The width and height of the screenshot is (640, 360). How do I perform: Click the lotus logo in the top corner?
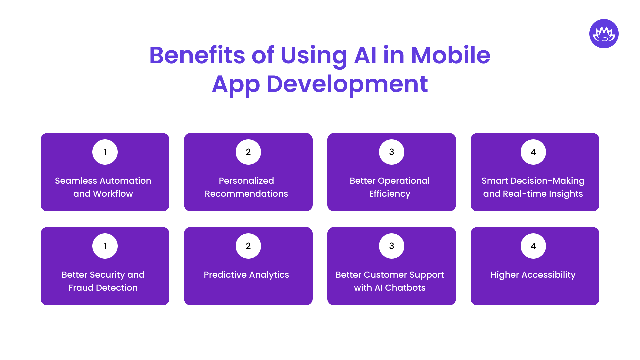[x=604, y=34]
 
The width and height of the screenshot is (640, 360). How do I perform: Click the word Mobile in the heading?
[x=450, y=55]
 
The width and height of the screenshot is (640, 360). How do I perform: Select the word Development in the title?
[x=347, y=84]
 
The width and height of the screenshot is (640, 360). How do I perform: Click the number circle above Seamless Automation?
[x=105, y=152]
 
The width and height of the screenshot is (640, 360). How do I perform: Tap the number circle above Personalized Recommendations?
[x=248, y=152]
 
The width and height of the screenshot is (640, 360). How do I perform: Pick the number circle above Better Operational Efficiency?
[x=392, y=152]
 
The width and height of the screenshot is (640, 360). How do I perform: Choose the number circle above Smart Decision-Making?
[x=533, y=152]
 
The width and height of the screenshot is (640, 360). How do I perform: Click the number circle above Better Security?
[x=105, y=246]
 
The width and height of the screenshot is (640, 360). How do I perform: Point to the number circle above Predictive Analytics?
[x=248, y=246]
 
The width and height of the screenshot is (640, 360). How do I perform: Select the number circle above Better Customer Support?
[x=392, y=246]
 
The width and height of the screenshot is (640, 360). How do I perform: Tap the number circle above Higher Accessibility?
[x=533, y=246]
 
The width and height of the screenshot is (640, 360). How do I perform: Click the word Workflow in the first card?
[x=113, y=194]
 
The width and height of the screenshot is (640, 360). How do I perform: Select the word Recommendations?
[x=246, y=194]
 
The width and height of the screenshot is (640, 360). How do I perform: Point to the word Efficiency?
[x=390, y=194]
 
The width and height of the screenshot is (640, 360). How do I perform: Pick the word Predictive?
[x=225, y=275]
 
